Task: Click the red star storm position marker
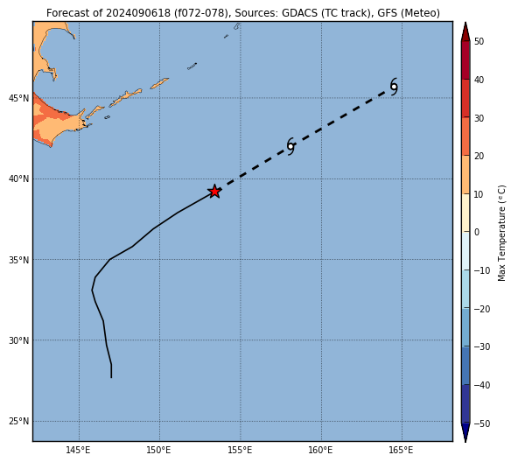[214, 192]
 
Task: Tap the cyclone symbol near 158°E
[290, 146]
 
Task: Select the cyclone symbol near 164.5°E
[394, 87]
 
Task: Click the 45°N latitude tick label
[19, 99]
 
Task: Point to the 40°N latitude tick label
[19, 179]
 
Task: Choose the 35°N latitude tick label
[19, 260]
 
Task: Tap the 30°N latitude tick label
[19, 340]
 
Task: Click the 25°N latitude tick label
[19, 422]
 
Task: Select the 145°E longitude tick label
[78, 451]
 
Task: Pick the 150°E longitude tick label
[159, 451]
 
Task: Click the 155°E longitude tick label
[240, 451]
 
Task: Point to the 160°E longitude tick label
[321, 451]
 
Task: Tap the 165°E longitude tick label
[401, 451]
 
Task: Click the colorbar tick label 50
[479, 42]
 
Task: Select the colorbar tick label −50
[482, 424]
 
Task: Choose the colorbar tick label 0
[477, 233]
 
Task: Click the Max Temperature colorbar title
[502, 233]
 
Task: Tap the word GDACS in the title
[297, 13]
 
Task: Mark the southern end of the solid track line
[111, 377]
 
